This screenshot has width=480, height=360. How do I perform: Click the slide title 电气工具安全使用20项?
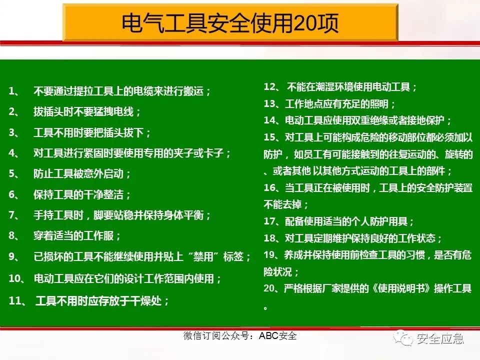click(230, 23)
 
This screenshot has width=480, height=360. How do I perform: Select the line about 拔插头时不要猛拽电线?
click(87, 112)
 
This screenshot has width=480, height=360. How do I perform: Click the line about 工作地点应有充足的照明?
click(340, 104)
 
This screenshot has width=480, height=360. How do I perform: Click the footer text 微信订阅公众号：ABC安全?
click(240, 336)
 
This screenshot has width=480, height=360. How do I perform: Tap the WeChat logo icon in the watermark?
click(402, 339)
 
